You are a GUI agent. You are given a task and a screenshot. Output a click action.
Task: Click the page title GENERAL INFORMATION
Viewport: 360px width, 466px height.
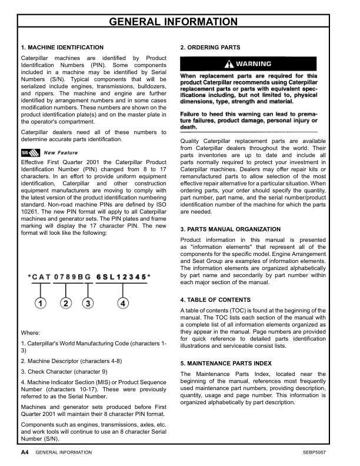tap(180, 22)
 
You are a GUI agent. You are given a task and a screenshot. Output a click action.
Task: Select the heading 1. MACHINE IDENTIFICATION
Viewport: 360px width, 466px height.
tap(62, 47)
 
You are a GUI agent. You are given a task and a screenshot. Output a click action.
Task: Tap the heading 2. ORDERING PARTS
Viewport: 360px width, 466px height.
tap(210, 47)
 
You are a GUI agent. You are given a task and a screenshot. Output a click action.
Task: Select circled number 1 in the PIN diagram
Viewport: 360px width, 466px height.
tap(40, 304)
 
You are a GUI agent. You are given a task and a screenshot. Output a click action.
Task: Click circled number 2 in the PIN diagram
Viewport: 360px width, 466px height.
tap(66, 304)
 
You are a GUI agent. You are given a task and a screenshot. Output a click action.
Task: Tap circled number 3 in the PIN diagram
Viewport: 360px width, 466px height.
tap(88, 304)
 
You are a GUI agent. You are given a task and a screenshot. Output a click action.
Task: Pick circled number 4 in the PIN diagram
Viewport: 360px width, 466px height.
tap(122, 304)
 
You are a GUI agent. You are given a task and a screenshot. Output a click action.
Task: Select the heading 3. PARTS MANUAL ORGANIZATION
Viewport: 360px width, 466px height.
tap(231, 229)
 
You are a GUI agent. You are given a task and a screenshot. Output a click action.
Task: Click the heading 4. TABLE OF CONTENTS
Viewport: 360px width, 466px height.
tap(215, 300)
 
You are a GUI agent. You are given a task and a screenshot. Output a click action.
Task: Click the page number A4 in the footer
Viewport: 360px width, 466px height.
tap(25, 452)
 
